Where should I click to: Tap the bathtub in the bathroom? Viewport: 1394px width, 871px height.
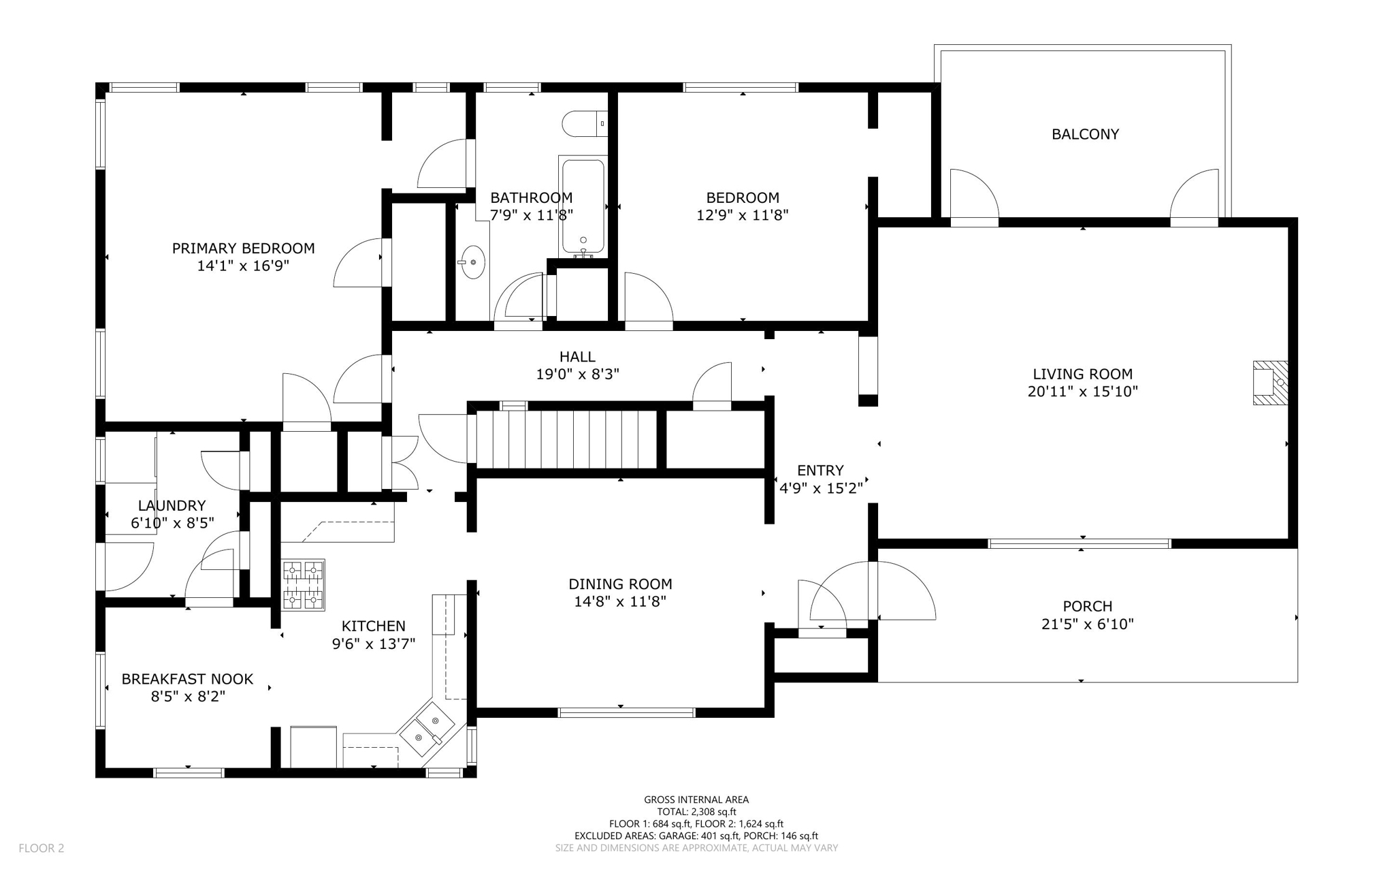tap(583, 204)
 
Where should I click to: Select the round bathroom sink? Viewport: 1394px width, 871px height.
tap(472, 262)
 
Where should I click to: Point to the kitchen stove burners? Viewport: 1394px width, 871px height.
tap(303, 585)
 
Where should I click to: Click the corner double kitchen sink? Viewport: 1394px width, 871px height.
tap(427, 727)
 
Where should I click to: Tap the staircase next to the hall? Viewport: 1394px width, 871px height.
tap(565, 438)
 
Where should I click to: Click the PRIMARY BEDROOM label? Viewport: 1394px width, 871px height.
tap(243, 249)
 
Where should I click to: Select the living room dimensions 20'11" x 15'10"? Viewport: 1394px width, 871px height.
tap(1082, 392)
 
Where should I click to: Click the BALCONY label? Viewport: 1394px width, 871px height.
tap(1085, 134)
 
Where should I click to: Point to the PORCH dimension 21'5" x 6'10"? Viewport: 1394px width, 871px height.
tap(1087, 624)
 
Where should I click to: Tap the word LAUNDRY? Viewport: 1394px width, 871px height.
tap(172, 505)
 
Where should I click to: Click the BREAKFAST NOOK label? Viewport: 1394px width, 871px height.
tap(187, 679)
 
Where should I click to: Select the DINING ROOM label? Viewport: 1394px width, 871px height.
tap(620, 584)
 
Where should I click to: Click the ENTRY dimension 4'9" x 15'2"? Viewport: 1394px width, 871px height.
tap(820, 488)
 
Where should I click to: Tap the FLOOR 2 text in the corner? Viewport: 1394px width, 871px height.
tap(41, 848)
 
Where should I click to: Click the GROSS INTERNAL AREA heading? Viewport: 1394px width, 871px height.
tap(696, 799)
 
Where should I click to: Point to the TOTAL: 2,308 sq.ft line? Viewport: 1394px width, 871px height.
tap(696, 812)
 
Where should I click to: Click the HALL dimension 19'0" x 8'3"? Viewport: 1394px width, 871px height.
tap(577, 374)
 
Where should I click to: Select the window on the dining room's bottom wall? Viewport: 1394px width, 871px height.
tap(626, 712)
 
